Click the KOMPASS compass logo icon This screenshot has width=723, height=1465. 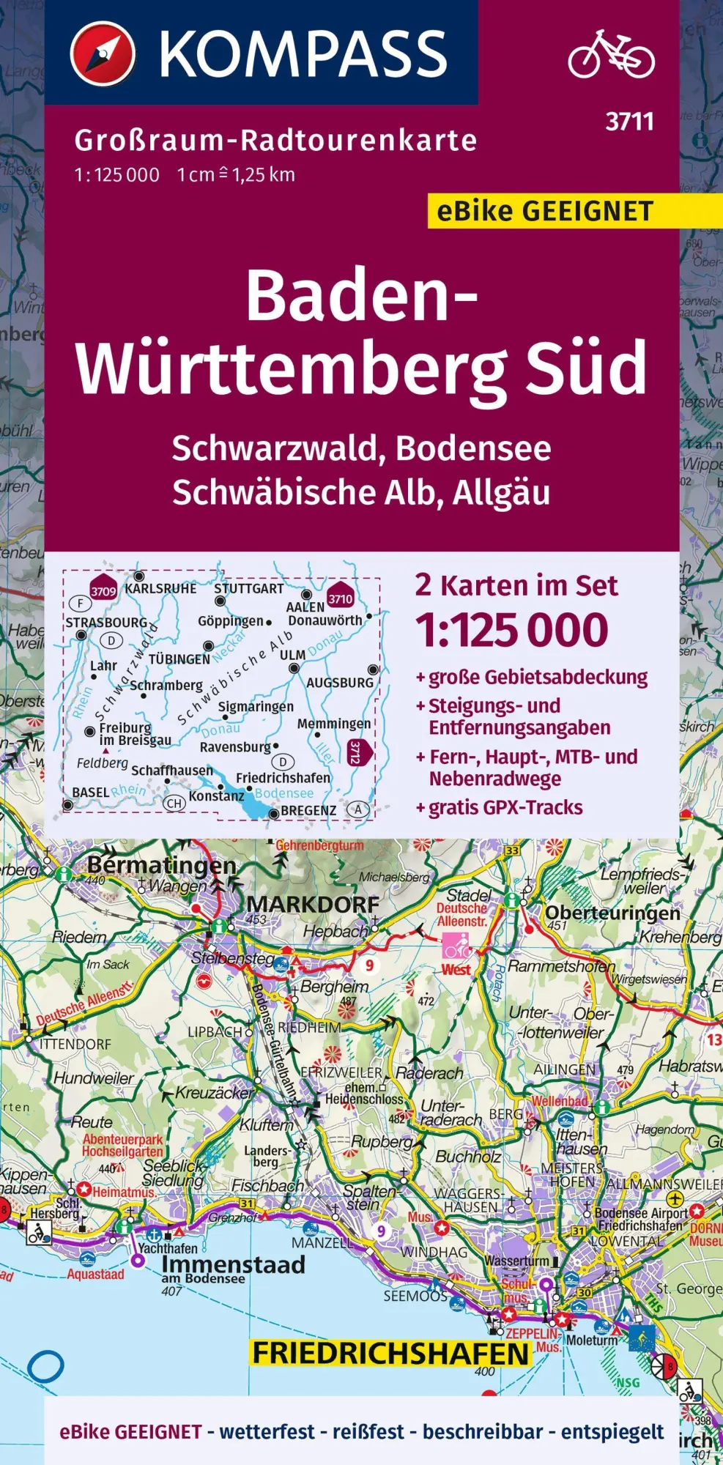pyautogui.click(x=103, y=53)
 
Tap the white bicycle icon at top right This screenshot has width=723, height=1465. pyautogui.click(x=612, y=54)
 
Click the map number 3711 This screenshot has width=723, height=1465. pyautogui.click(x=629, y=122)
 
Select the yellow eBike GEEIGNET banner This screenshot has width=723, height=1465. pyautogui.click(x=545, y=212)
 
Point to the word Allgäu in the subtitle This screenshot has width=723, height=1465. pyautogui.click(x=501, y=492)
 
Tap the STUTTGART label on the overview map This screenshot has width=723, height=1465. pyautogui.click(x=249, y=589)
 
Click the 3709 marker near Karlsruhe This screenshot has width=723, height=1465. pyautogui.click(x=103, y=590)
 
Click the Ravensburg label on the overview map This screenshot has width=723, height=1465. pyautogui.click(x=235, y=747)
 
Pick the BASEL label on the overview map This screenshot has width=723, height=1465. pyautogui.click(x=91, y=793)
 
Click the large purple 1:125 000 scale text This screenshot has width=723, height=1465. pyautogui.click(x=511, y=631)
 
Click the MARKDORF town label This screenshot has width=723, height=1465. pyautogui.click(x=313, y=904)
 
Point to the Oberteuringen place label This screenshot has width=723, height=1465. pyautogui.click(x=612, y=913)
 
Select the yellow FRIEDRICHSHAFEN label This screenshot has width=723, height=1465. pyautogui.click(x=390, y=1354)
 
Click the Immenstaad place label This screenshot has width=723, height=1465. pyautogui.click(x=233, y=1265)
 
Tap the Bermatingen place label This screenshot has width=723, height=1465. pyautogui.click(x=161, y=865)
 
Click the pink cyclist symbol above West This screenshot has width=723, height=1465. pyautogui.click(x=456, y=946)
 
